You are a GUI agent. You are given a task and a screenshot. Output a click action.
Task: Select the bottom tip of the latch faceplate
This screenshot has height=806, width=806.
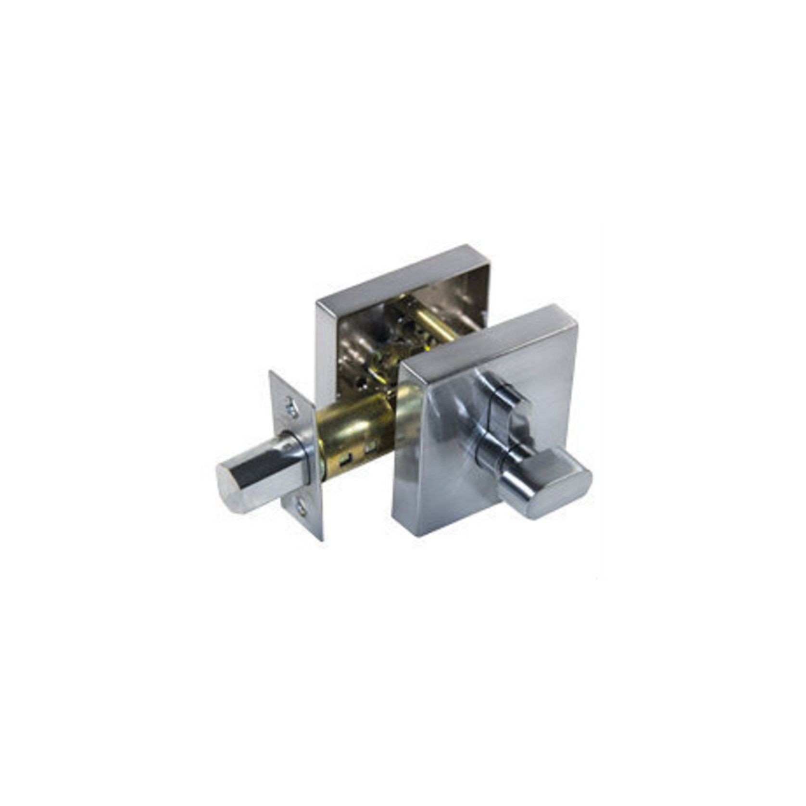tap(321, 539)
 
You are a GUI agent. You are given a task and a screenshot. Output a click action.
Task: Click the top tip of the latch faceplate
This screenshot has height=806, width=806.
tap(272, 373)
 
